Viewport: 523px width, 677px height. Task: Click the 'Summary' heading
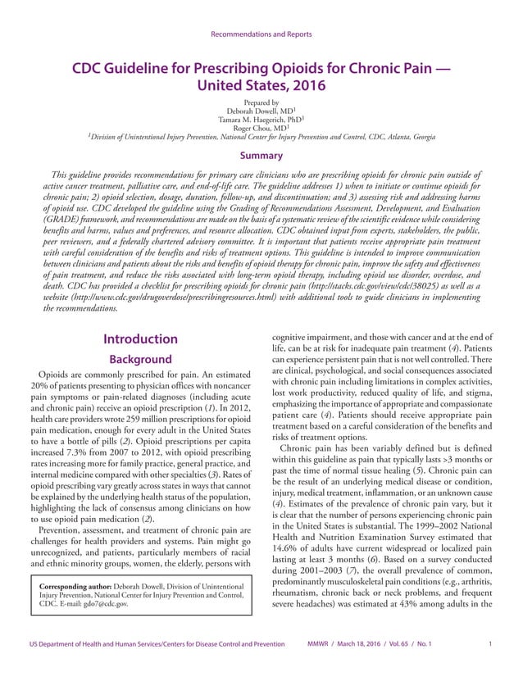coord(261,156)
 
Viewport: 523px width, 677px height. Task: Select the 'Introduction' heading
coord(141,339)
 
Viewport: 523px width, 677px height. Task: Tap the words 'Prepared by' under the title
coord(261,101)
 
